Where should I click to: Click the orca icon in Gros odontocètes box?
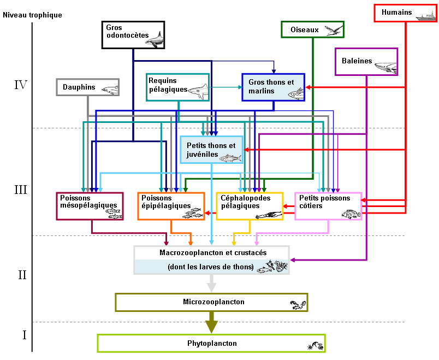coord(155,39)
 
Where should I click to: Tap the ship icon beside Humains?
coord(425,16)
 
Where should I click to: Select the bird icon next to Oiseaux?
coord(334,30)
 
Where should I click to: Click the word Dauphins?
coord(79,87)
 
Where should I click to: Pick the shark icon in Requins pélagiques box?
coord(198,91)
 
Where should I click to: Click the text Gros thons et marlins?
coord(271,86)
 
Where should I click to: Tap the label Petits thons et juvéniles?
coord(211,150)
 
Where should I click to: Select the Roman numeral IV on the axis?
coord(21,85)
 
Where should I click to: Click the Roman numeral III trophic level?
coord(21,190)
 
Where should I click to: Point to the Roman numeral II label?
coord(22,275)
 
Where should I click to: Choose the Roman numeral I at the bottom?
coord(25,335)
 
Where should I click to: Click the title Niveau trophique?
coord(32,15)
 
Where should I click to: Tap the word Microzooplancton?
coord(213,302)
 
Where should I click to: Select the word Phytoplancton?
coord(212,343)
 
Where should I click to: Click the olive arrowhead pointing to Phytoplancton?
coord(212,327)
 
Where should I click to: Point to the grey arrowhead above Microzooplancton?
coord(211,288)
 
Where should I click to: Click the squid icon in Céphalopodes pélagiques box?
coord(268,215)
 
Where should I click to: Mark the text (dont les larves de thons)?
coord(211,267)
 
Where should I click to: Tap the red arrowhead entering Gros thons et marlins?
coord(308,87)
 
